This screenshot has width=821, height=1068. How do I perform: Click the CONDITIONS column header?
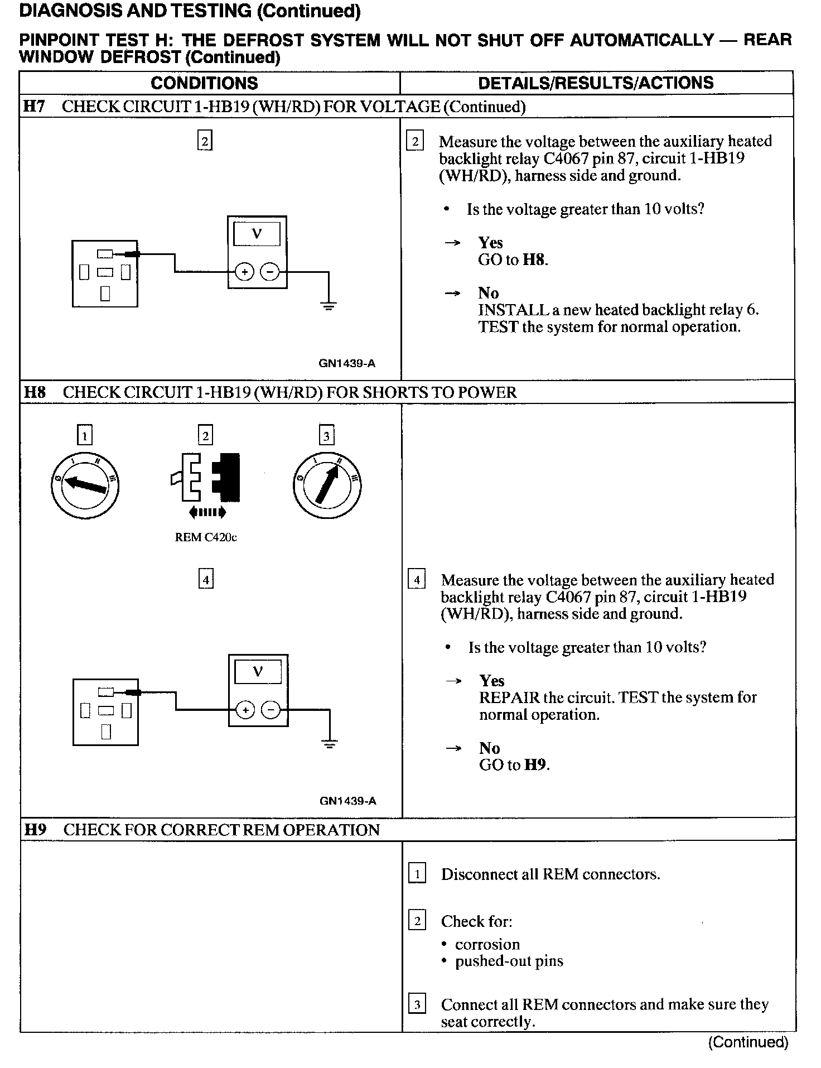204,83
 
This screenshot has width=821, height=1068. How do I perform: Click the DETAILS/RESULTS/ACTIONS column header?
596,83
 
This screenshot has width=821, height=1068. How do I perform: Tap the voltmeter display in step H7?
257,234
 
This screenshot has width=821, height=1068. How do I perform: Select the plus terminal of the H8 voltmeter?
244,710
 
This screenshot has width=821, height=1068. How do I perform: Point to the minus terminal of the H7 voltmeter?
271,272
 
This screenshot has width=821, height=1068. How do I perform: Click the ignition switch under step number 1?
84,484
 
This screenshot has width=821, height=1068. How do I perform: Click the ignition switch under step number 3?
327,484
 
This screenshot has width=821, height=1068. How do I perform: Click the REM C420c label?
206,538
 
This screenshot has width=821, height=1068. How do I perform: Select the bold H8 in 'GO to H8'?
534,260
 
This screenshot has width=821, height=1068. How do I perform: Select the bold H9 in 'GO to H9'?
535,765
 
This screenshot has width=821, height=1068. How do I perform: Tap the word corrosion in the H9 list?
487,945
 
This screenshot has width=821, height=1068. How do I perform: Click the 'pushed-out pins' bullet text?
509,961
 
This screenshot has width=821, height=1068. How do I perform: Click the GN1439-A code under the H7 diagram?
347,364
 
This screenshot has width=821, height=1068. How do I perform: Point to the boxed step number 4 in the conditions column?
206,580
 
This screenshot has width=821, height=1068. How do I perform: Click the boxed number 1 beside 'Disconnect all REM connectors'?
417,874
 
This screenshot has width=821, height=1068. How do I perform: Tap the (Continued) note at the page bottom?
748,1042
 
